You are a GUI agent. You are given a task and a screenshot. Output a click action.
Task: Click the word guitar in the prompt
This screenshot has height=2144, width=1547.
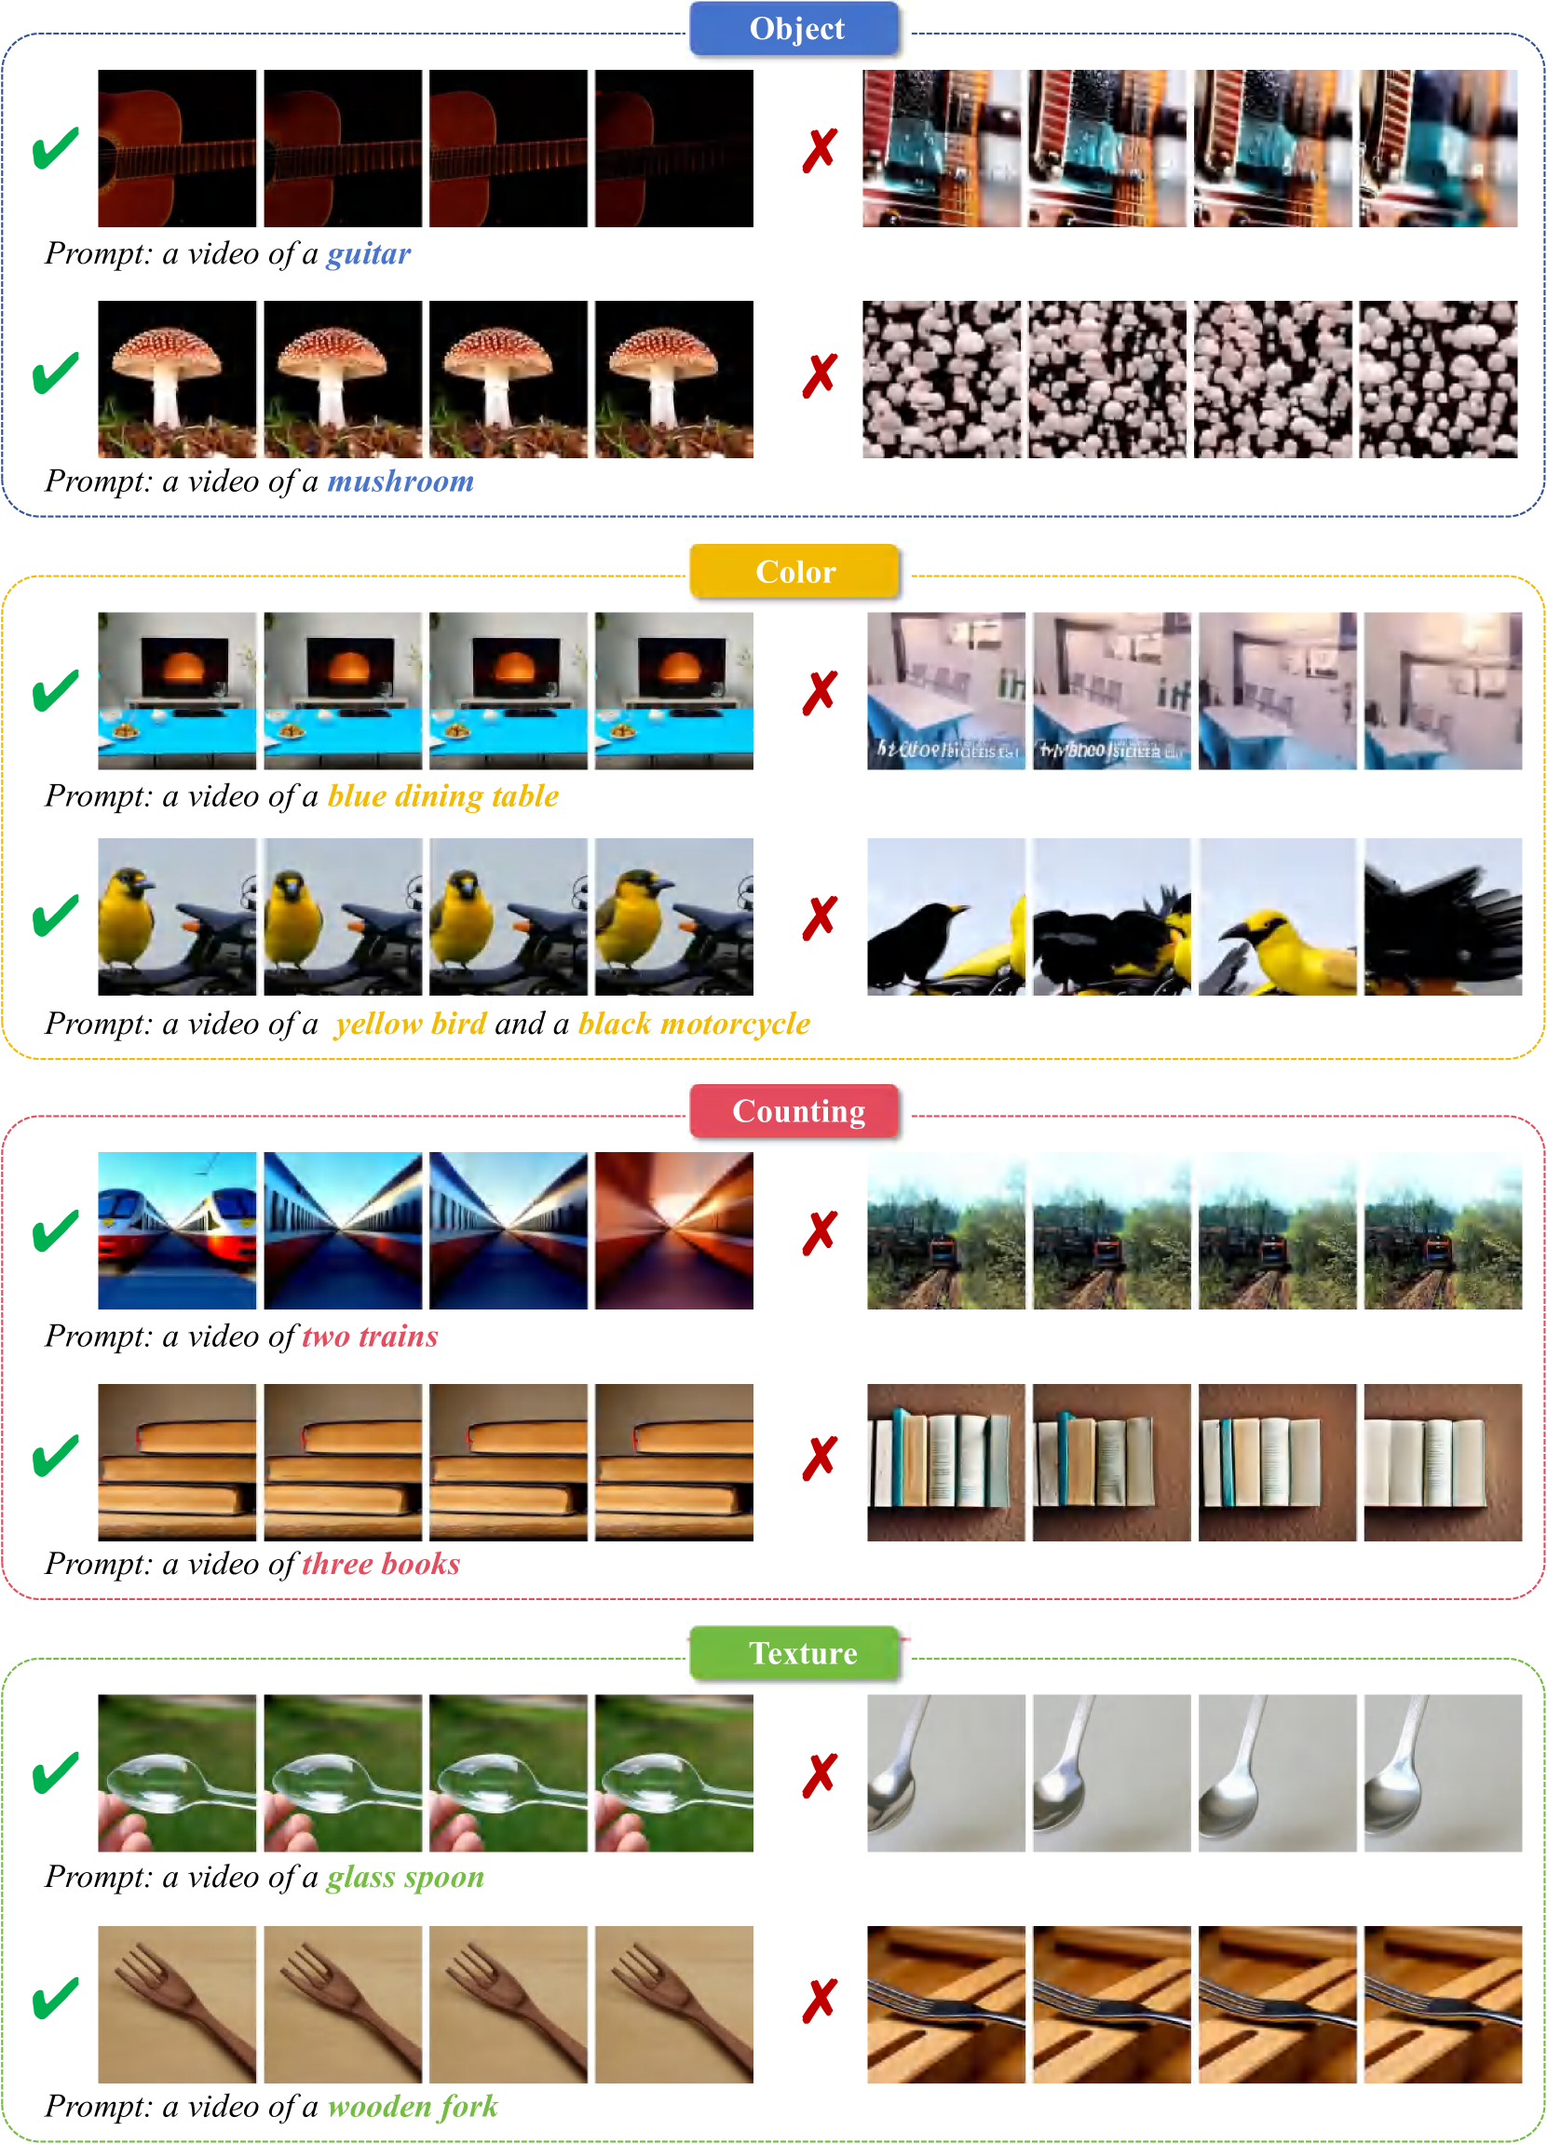[x=369, y=254]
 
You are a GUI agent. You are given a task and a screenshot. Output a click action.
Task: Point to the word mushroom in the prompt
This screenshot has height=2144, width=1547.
[x=400, y=482]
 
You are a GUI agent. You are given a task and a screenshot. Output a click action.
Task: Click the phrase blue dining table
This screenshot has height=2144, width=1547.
[x=443, y=796]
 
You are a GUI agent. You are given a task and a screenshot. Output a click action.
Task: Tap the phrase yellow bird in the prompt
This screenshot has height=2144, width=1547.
[x=411, y=1024]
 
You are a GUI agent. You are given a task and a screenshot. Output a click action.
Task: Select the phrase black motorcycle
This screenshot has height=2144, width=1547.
[x=694, y=1024]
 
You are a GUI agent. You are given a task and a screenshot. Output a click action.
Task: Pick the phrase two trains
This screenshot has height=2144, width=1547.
[x=370, y=1337]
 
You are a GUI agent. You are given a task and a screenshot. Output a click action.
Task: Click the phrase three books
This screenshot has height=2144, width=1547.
[x=381, y=1564]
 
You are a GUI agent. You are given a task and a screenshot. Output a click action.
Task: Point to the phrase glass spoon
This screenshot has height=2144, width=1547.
[x=406, y=1878]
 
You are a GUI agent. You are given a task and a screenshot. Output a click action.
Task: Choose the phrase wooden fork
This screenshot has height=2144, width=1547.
[x=414, y=2106]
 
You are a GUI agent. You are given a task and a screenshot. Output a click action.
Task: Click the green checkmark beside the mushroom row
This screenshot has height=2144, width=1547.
[x=56, y=373]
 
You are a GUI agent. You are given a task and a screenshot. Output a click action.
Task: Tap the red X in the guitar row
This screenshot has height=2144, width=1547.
[x=820, y=150]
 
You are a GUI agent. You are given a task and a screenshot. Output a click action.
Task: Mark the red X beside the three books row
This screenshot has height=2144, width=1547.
[x=820, y=1458]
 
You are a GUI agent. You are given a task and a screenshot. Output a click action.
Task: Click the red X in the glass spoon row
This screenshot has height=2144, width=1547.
[x=820, y=1775]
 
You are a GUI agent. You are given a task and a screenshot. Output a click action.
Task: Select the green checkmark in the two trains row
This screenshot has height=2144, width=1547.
[x=56, y=1231]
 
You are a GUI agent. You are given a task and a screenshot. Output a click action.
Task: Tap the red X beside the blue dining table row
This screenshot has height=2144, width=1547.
[x=820, y=693]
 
